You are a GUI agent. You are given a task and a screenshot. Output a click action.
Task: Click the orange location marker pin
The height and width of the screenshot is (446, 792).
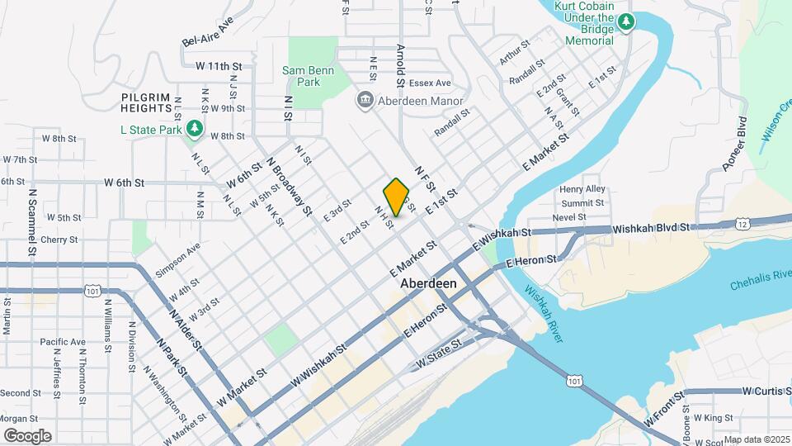(x=396, y=197)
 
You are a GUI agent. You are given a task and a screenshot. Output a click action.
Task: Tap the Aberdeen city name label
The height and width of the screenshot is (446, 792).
(x=428, y=283)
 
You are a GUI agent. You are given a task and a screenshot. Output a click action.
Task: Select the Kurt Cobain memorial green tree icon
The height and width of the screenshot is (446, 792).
(x=626, y=21)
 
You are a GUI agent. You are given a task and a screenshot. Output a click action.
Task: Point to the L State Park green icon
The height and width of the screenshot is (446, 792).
(x=194, y=129)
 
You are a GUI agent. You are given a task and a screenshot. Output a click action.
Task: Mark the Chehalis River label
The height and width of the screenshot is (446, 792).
(x=760, y=280)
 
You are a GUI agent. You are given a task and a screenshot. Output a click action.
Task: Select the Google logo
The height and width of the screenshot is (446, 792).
(x=26, y=435)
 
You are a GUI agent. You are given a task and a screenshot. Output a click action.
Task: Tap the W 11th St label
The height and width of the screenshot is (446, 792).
(x=213, y=65)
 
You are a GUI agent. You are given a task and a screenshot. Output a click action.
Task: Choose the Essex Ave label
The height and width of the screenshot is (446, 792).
(x=432, y=83)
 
